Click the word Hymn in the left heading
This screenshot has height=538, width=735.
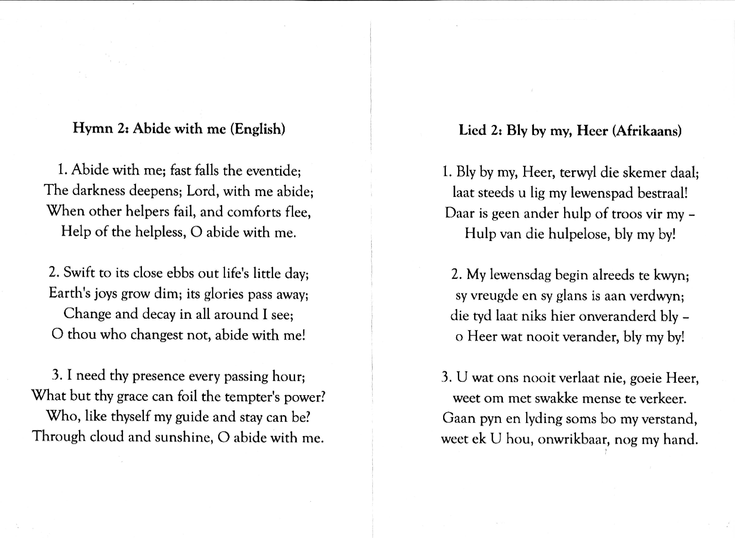point(93,128)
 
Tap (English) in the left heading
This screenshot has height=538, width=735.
point(258,129)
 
